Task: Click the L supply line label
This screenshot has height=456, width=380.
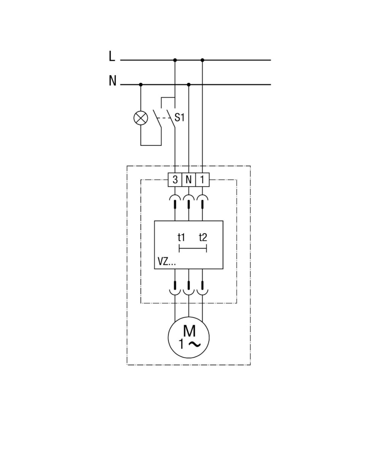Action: point(111,56)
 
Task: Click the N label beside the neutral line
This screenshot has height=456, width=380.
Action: point(112,81)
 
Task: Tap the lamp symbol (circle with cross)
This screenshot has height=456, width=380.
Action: point(141,118)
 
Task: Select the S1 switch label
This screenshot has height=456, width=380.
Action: point(179,117)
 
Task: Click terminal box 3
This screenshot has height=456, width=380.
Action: point(175,180)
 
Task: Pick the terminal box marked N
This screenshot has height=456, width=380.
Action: point(188,180)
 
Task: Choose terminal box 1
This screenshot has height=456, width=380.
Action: point(202,180)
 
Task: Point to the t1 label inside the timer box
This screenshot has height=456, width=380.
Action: point(181,237)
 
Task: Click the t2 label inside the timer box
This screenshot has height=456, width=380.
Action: point(203,237)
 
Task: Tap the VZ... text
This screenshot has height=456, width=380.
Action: point(166,262)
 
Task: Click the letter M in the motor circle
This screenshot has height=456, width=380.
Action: point(189,331)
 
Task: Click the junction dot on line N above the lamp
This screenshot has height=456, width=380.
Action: point(141,84)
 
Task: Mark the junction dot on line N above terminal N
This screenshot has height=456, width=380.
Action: point(189,84)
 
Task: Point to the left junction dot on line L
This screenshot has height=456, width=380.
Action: point(175,60)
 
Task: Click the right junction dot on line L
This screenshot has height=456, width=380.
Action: point(202,60)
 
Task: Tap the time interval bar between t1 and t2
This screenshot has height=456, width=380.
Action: point(193,249)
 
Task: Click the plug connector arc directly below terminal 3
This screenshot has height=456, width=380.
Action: point(175,198)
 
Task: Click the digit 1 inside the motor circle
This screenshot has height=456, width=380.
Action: point(181,344)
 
